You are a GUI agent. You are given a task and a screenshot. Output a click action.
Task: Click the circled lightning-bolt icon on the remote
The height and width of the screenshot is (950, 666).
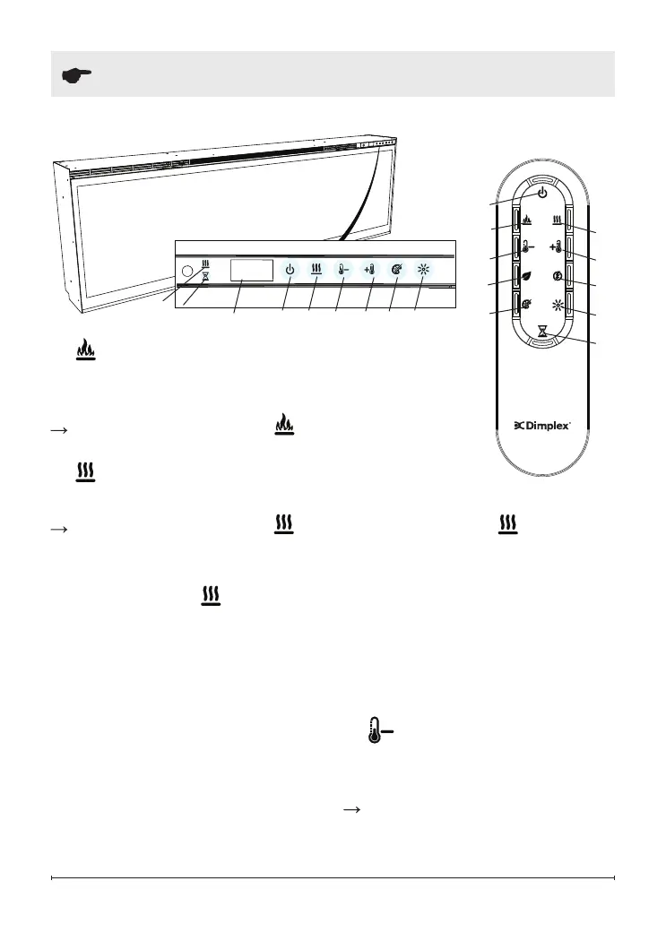(557, 277)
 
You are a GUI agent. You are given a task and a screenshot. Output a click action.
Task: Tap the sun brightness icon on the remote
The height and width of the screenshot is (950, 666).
(557, 306)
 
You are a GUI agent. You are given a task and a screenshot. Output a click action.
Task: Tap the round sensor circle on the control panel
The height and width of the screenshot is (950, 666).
(186, 271)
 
